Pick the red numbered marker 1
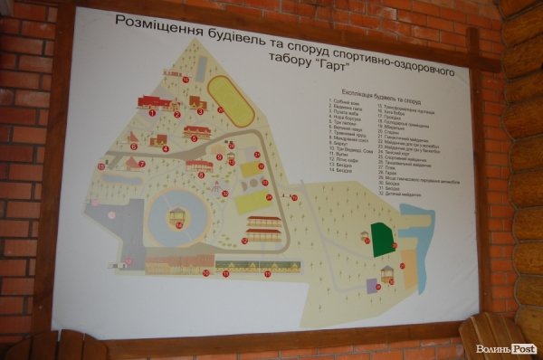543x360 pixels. tap(151, 114)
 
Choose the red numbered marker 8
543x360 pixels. tap(200, 175)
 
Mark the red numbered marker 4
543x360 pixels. tap(167, 148)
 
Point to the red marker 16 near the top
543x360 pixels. tap(186, 80)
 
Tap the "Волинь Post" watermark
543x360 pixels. tap(507, 349)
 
